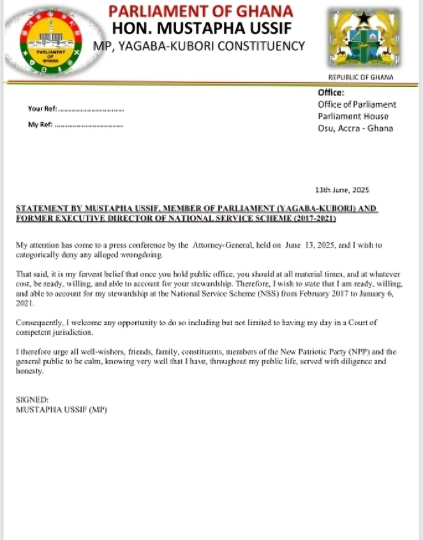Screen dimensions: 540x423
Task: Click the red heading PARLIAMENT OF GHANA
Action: (x=200, y=11)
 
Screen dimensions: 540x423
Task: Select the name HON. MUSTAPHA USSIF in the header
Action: (x=200, y=29)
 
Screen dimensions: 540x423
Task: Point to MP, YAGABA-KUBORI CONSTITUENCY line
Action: (x=199, y=46)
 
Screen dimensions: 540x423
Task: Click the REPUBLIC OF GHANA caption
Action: (x=360, y=78)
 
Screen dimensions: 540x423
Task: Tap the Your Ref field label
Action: (x=42, y=109)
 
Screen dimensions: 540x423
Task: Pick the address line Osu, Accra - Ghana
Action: (x=355, y=128)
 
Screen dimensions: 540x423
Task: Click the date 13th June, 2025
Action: (x=343, y=190)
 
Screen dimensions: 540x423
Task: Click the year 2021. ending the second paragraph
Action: (x=25, y=305)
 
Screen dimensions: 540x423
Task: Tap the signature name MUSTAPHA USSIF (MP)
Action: (x=62, y=409)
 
